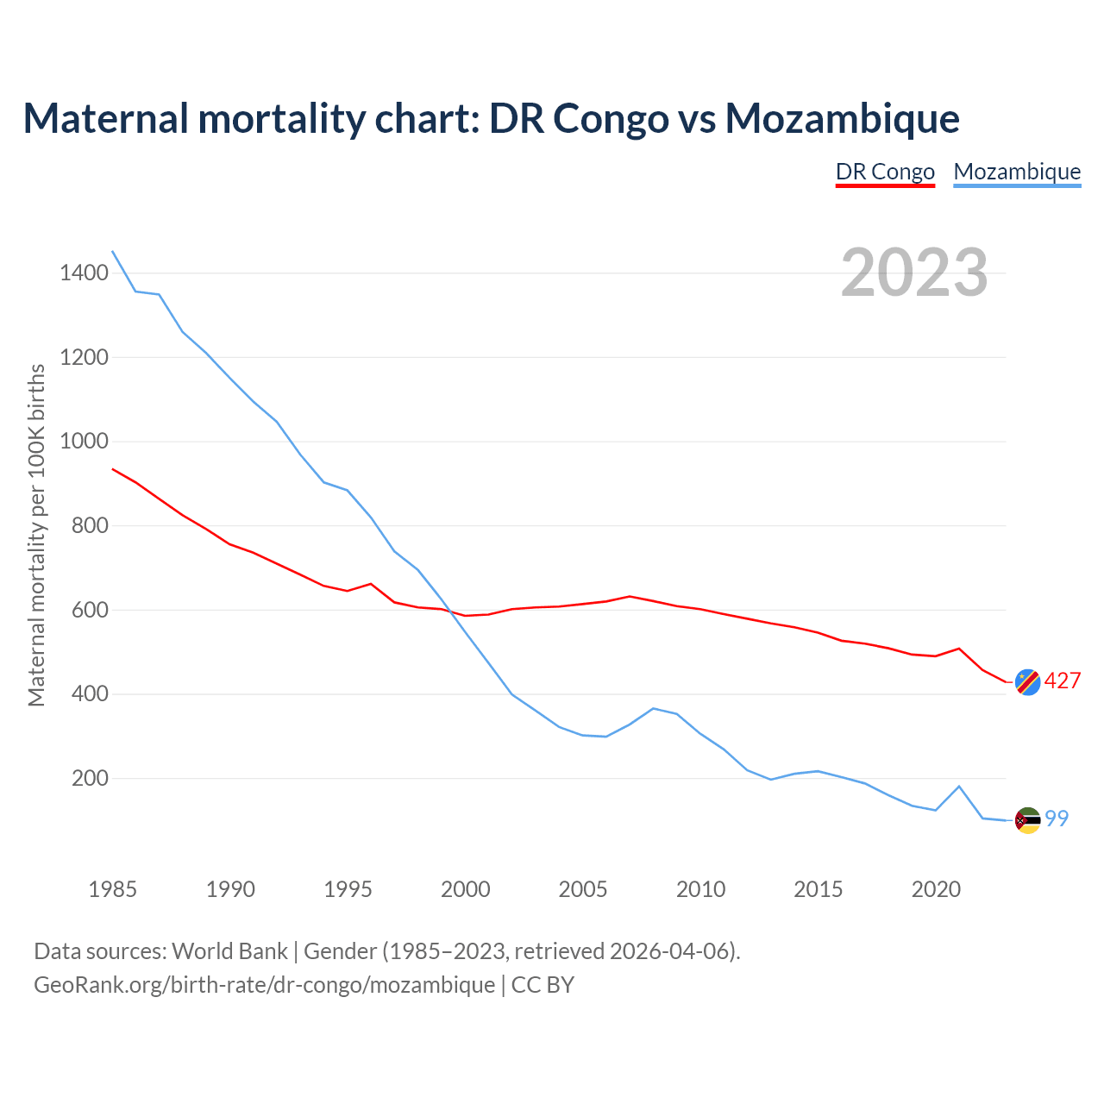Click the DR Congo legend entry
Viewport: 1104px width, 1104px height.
coord(885,172)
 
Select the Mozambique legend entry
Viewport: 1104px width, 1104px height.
coord(1017,172)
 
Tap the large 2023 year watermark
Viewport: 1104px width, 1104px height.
coord(914,273)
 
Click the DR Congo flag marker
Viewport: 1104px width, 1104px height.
coord(1027,681)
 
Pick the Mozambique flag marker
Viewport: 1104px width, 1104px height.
coord(1027,820)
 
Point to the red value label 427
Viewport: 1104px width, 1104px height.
coord(1063,681)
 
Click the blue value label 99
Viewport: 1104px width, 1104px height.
coord(1057,819)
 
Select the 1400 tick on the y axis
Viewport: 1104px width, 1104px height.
coord(84,273)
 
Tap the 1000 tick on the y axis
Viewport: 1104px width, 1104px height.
coord(84,442)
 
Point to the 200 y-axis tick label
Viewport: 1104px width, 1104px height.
coord(90,779)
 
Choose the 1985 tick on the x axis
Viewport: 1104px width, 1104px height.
coord(113,889)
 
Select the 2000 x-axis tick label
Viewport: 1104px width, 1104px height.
coord(466,889)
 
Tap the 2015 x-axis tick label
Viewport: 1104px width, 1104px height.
coord(819,889)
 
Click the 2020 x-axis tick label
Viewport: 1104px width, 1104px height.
coord(936,889)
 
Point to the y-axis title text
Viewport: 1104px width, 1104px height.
coord(36,535)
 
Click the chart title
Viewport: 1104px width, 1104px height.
coord(491,118)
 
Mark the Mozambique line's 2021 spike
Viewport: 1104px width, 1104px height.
coord(959,787)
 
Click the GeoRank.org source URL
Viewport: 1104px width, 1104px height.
coord(264,985)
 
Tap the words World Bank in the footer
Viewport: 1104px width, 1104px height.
coord(229,951)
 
